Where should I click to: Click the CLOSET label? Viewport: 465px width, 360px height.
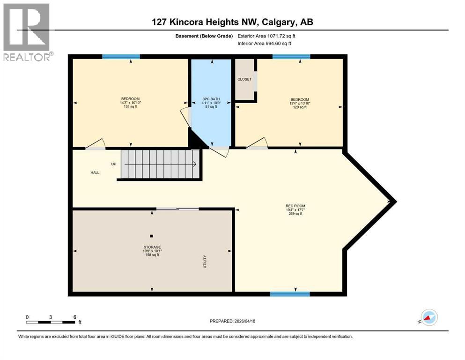[x=244, y=79]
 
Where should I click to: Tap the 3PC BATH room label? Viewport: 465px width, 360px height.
[x=211, y=99]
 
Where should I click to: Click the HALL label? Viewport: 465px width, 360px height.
[x=95, y=172]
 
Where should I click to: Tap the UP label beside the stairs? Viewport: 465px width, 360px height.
[x=113, y=164]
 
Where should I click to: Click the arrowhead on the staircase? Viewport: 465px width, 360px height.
[x=194, y=164]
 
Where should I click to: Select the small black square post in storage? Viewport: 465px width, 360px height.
[x=151, y=236]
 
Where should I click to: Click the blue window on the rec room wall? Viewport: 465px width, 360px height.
[x=290, y=294]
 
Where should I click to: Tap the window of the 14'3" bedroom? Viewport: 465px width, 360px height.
[x=118, y=57]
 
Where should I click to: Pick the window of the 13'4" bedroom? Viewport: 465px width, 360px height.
[x=291, y=57]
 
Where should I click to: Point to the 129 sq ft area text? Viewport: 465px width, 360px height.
[x=300, y=107]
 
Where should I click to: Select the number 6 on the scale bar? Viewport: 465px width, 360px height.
[x=74, y=317]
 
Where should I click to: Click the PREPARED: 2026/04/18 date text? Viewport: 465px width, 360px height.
[x=233, y=321]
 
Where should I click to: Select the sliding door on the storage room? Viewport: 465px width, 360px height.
[x=177, y=209]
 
